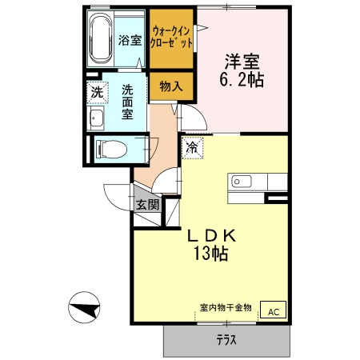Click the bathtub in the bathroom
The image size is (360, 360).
point(101,38)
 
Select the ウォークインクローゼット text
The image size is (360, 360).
point(171,35)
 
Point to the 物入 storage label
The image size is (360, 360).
point(170,86)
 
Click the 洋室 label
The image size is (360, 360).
point(242,60)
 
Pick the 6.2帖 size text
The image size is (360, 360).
point(242,80)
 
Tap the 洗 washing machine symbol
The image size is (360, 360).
point(97,93)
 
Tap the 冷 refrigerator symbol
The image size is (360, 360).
point(192,146)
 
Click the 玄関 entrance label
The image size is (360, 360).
point(147,204)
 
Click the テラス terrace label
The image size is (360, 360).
point(226,340)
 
